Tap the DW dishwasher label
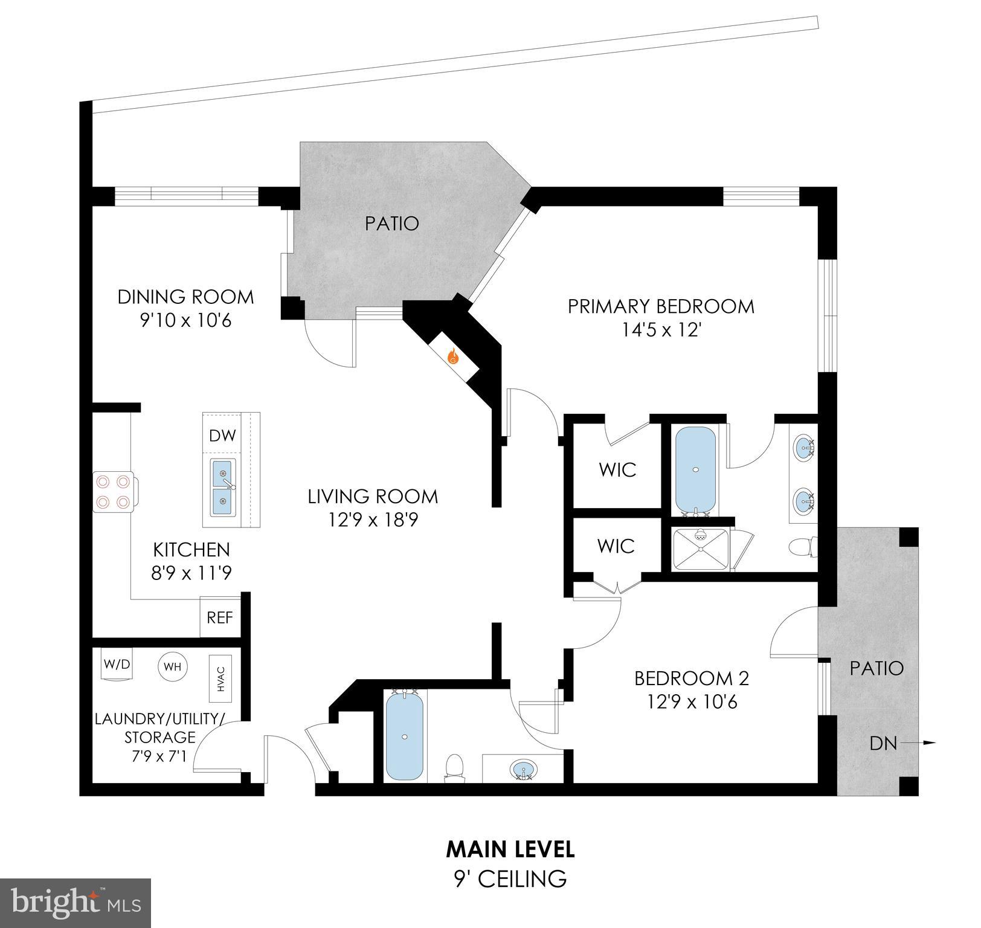222,436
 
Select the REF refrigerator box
220,617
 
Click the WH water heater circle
173,667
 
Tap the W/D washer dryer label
117,665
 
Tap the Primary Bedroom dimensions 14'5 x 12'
661,330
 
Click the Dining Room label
185,297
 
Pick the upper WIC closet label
617,469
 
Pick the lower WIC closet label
616,546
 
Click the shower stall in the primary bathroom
700,549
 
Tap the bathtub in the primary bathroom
695,470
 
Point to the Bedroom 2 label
691,678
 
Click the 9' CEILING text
510,878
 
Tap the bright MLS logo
76,903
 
